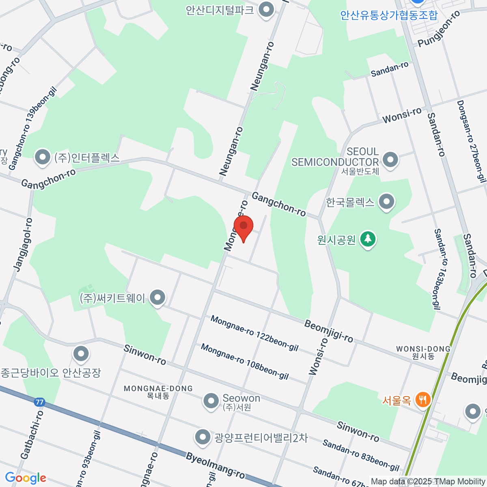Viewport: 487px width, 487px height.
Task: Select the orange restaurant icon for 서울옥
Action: coord(423,400)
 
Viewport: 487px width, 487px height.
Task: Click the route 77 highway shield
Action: coord(39,402)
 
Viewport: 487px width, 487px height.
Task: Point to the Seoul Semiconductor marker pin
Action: coord(390,159)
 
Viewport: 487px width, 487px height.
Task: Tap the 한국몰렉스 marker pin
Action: coord(386,201)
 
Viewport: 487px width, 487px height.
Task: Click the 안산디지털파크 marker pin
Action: coord(266,10)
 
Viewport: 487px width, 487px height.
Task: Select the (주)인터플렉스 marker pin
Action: coord(42,158)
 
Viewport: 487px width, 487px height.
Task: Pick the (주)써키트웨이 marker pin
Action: coord(157,298)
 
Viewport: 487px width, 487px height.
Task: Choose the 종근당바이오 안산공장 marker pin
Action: coord(81,353)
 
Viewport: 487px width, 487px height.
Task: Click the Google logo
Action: coord(26,478)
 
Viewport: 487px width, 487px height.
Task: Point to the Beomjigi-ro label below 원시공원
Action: coord(328,331)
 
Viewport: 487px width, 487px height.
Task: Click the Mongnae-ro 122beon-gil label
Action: coord(254,333)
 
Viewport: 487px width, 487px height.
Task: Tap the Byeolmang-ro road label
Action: coord(215,465)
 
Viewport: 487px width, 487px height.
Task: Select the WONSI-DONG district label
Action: coord(423,349)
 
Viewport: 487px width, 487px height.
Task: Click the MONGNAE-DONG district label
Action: coord(158,389)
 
